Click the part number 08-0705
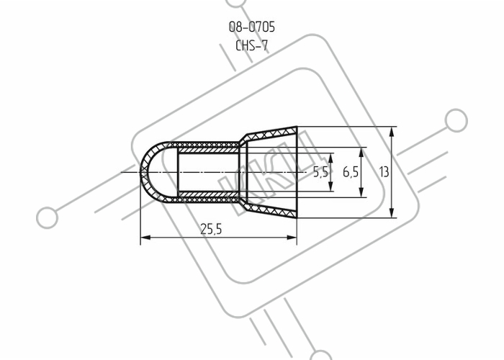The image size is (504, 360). pos(252,27)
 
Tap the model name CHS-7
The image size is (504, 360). pos(252,45)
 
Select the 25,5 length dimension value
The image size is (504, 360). pos(211,229)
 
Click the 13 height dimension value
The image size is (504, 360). pos(384,172)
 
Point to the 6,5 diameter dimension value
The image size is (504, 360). pos(351,172)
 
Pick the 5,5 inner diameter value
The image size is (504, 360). pos(321,172)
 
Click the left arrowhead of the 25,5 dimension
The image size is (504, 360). pos(145,238)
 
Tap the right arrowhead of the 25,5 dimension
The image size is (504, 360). pos(292,238)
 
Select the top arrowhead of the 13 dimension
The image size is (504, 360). pos(392,132)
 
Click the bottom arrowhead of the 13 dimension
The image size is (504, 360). pos(392,212)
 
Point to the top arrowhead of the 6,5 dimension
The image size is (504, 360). pos(361,153)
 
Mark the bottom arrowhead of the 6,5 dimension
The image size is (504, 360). pos(361,192)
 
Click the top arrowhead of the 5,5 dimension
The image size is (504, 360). pos(331,158)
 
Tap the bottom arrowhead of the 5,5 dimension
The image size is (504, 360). pos(331,186)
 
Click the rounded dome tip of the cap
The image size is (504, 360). pos(143,172)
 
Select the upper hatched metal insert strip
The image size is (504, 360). pos(209,150)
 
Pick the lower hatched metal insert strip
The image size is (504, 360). pos(209,194)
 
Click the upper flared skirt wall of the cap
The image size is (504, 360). pos(271,134)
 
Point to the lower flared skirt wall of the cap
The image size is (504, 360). pos(271,210)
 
